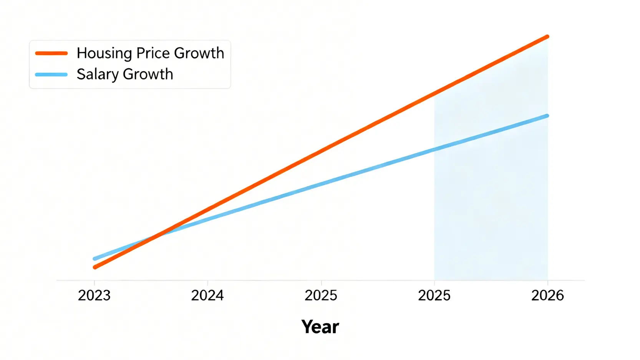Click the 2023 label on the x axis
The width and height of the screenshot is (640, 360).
point(94,295)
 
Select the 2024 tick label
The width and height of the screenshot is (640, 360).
point(207,295)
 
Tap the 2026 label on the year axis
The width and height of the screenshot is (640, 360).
point(547,295)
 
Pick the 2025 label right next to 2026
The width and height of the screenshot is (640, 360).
point(434,295)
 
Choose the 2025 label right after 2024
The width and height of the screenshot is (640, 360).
point(321,295)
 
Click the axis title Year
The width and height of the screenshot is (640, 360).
point(320,327)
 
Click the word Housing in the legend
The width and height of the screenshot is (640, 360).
point(104,53)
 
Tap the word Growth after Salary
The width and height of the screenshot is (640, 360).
point(148,74)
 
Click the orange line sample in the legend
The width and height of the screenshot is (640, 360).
point(51,53)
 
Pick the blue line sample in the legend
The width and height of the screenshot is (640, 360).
point(51,75)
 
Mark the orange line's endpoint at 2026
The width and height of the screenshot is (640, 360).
point(547,37)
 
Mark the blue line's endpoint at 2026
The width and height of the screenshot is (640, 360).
point(547,116)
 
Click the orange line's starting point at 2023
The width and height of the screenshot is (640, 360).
point(95,267)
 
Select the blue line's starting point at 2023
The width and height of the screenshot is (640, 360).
point(95,259)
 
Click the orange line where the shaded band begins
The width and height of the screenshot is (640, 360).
point(434,93)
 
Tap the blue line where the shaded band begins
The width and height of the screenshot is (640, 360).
point(434,149)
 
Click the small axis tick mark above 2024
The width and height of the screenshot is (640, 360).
point(207,282)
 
